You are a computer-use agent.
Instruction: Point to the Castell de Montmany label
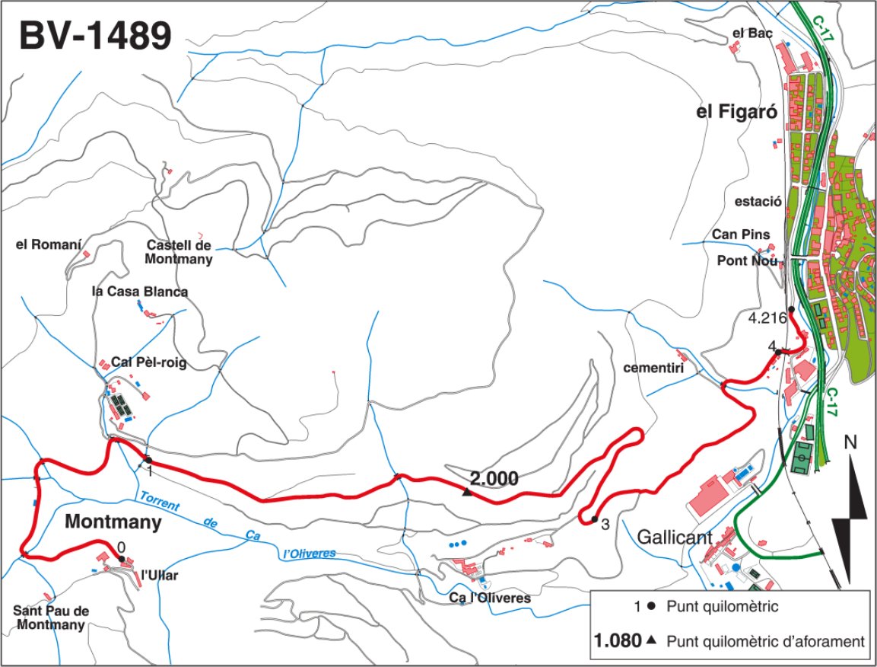180,252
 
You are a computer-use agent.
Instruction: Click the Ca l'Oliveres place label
490,598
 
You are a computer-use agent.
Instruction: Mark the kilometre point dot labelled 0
122,559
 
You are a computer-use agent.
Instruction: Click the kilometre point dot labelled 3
594,520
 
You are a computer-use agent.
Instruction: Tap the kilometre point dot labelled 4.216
791,309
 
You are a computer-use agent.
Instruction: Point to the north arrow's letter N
852,442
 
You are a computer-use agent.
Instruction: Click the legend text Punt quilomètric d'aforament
764,641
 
